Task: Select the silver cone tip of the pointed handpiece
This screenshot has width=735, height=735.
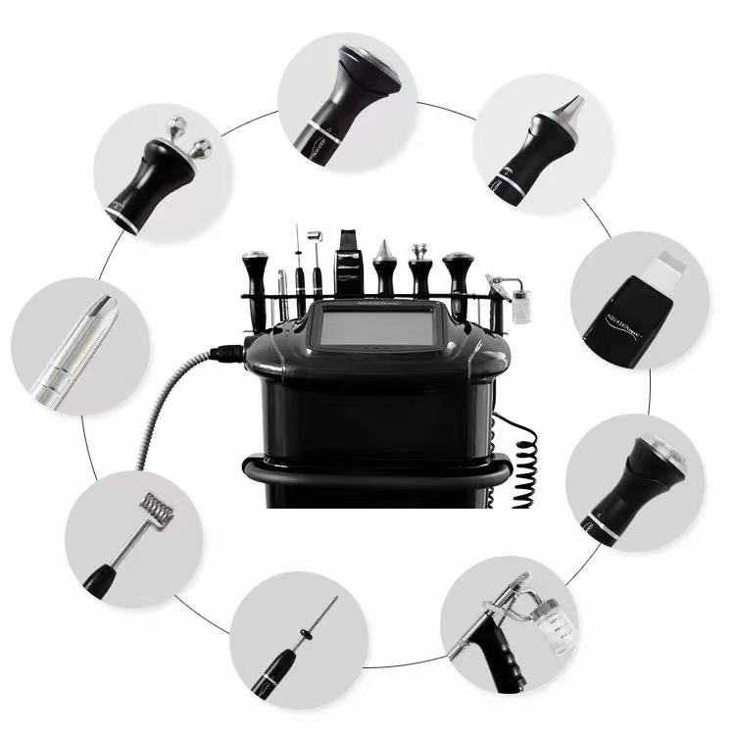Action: [x=571, y=106]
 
